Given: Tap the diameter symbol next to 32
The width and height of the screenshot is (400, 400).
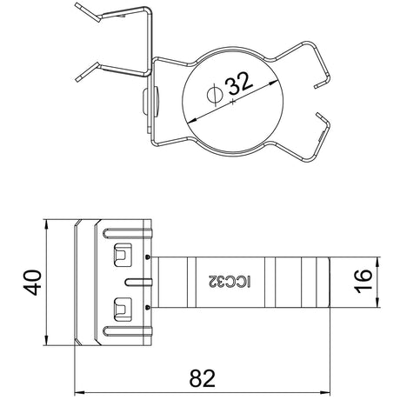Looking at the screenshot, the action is (x=215, y=95).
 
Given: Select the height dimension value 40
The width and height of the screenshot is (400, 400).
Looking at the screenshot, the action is (x=32, y=283).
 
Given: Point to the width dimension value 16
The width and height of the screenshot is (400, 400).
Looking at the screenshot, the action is (x=363, y=282).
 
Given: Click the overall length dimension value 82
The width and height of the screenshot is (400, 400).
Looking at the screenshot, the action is (x=203, y=378).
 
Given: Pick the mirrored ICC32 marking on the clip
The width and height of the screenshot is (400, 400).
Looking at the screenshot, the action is (x=230, y=281).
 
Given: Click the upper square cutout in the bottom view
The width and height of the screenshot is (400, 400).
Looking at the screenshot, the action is (x=123, y=255).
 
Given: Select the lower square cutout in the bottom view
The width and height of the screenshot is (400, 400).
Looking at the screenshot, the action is (x=123, y=310).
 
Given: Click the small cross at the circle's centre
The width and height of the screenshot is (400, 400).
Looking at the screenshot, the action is (x=232, y=102).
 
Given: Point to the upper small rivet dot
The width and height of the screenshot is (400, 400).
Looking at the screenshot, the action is (x=148, y=257).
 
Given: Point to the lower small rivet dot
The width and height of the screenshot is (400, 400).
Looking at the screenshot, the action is (x=148, y=307).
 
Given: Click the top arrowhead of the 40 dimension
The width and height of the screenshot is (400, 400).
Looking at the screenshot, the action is (x=46, y=224).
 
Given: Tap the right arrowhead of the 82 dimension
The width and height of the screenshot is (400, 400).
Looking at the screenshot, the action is (x=325, y=393).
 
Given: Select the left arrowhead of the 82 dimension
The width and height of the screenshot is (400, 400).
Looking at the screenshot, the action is (x=79, y=393).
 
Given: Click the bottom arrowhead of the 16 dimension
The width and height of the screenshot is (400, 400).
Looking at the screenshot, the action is (x=377, y=303).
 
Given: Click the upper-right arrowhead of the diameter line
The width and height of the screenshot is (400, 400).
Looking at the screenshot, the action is (x=273, y=83).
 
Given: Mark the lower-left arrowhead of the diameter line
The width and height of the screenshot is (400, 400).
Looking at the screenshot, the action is (x=191, y=120).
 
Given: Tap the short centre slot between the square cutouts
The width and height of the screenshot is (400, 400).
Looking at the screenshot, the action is (x=138, y=282).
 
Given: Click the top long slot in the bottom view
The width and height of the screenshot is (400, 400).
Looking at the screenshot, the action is (x=127, y=234).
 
